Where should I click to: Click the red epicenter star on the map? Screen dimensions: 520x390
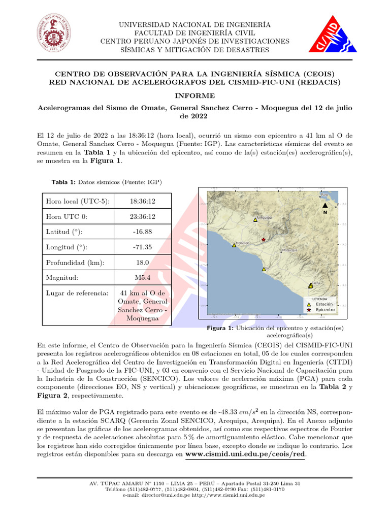tap(263, 239)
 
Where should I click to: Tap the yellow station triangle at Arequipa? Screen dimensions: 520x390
tap(255, 220)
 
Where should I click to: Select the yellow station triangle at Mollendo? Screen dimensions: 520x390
tap(234, 245)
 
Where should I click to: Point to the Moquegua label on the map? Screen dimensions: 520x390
tap(289, 250)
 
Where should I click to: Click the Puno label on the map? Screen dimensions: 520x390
tap(324, 194)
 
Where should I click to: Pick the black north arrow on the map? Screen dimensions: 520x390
tap(325, 205)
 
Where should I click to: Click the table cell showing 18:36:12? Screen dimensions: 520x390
tap(143, 201)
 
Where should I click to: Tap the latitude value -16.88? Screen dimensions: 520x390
tap(143, 232)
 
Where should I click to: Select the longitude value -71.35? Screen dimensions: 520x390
tap(143, 247)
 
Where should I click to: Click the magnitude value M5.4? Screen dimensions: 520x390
tap(143, 278)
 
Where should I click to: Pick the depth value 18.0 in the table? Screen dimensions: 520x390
tap(143, 263)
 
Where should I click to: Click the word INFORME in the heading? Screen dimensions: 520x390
tap(195, 95)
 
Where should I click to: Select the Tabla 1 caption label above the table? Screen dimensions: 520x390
tap(63, 182)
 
